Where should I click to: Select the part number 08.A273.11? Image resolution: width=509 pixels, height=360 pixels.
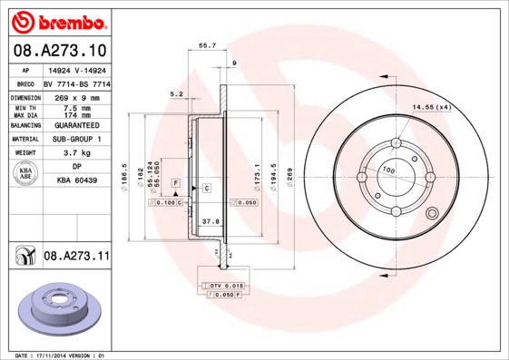pyautogui.click(x=76, y=258)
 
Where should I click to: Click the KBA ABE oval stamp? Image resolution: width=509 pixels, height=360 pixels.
pyautogui.click(x=26, y=172)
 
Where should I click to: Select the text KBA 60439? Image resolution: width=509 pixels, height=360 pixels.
pyautogui.click(x=76, y=180)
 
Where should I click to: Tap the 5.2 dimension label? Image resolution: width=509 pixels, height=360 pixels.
pyautogui.click(x=176, y=93)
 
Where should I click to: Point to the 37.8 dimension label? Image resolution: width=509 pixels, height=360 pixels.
pyautogui.click(x=210, y=220)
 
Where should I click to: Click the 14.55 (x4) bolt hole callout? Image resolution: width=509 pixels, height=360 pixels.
pyautogui.click(x=431, y=108)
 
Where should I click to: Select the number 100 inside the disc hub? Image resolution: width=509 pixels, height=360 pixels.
pyautogui.click(x=387, y=170)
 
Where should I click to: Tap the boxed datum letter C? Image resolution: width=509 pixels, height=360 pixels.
pyautogui.click(x=207, y=188)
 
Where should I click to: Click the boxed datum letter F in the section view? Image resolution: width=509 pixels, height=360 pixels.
pyautogui.click(x=174, y=184)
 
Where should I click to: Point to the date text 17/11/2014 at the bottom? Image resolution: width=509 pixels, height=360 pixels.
pyautogui.click(x=64, y=355)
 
